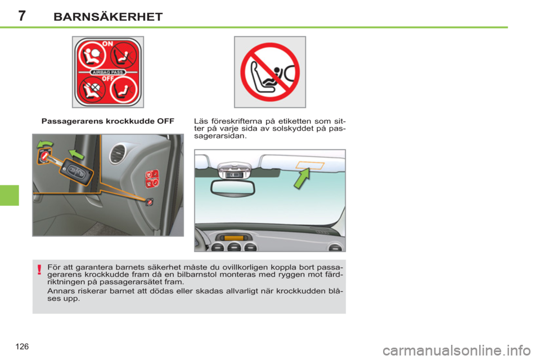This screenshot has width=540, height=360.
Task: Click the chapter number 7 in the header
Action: (22, 16)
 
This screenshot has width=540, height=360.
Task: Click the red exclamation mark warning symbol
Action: (39, 269)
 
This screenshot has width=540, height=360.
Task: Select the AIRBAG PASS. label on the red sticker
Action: (107, 73)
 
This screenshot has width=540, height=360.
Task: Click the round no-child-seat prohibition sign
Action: (270, 72)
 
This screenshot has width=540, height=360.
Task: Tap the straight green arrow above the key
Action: (76, 154)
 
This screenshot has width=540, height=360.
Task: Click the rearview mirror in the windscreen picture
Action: (232, 188)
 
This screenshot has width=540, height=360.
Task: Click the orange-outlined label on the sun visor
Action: (310, 164)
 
